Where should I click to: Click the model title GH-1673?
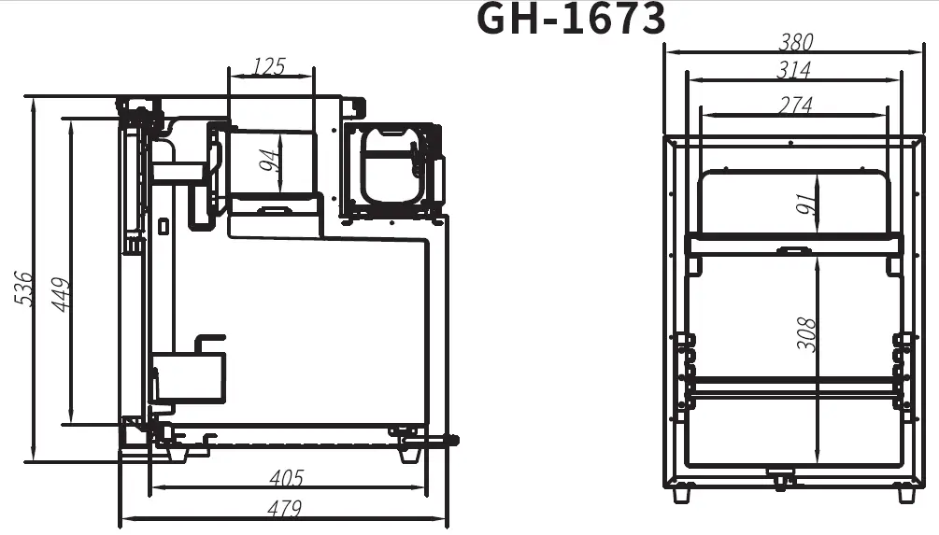pyautogui.click(x=571, y=19)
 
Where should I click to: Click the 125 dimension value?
pyautogui.click(x=269, y=67)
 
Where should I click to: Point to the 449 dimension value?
pyautogui.click(x=61, y=294)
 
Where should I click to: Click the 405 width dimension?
pyautogui.click(x=286, y=478)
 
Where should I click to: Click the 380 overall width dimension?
pyautogui.click(x=795, y=42)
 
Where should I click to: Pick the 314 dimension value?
pyautogui.click(x=793, y=70)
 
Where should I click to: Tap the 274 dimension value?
pyautogui.click(x=794, y=106)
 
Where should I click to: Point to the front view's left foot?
pyautogui.click(x=681, y=493)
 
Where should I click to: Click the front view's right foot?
pyautogui.click(x=905, y=493)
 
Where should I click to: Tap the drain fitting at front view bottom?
pyautogui.click(x=779, y=480)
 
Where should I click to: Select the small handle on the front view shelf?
pyautogui.click(x=793, y=249)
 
